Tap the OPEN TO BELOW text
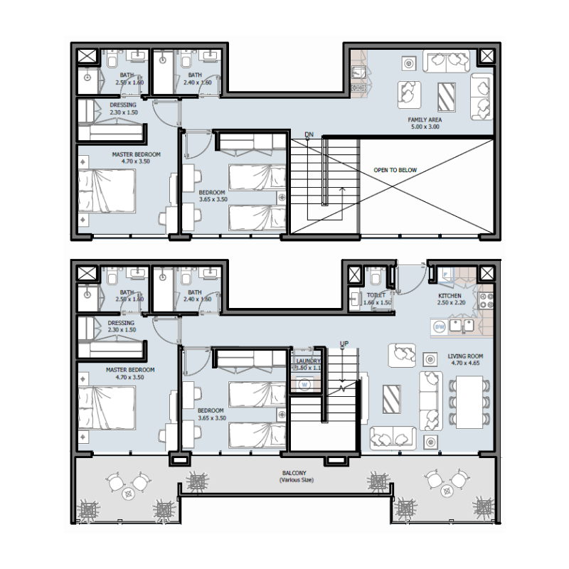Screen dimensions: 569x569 (x=395, y=171)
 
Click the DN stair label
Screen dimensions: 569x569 (x=309, y=134)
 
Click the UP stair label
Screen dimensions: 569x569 (x=345, y=344)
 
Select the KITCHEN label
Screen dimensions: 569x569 (x=450, y=296)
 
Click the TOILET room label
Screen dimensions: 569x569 (x=376, y=295)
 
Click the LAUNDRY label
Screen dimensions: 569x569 (x=307, y=361)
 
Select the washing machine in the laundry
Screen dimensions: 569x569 (x=304, y=385)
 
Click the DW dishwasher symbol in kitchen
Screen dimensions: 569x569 (x=440, y=326)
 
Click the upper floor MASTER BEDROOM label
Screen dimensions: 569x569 (x=136, y=154)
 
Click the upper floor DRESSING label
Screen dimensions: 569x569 (x=123, y=105)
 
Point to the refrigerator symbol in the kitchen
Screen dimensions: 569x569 (x=446, y=273)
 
